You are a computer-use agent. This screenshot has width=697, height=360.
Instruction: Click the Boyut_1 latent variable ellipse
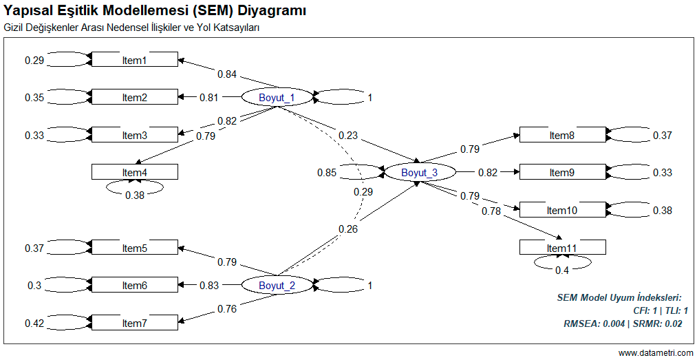click(277, 98)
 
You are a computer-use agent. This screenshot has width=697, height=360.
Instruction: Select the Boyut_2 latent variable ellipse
click(277, 285)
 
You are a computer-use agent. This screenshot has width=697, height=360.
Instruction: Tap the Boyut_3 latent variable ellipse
click(419, 172)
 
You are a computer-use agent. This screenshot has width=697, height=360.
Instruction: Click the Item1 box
click(135, 60)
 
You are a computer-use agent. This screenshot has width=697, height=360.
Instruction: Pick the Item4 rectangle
click(135, 172)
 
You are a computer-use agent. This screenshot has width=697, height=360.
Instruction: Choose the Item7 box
click(135, 322)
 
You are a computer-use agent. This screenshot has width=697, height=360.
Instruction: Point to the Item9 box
click(562, 172)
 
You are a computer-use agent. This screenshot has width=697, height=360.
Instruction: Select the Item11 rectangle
click(562, 247)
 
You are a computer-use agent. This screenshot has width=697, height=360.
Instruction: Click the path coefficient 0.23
click(348, 136)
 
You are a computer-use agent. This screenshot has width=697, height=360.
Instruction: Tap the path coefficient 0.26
click(348, 229)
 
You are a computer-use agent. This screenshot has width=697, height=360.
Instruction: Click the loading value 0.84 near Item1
click(227, 74)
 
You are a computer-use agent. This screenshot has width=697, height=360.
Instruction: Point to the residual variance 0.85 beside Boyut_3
click(327, 173)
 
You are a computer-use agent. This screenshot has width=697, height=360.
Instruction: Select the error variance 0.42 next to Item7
click(34, 323)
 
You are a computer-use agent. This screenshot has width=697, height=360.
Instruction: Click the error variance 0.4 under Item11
click(562, 270)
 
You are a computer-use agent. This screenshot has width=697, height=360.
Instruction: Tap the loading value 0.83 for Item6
click(209, 285)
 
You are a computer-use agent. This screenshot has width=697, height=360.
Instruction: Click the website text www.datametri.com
click(656, 353)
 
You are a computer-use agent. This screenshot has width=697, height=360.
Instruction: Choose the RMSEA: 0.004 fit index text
click(594, 323)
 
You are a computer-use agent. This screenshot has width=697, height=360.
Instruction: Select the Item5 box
click(135, 248)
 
